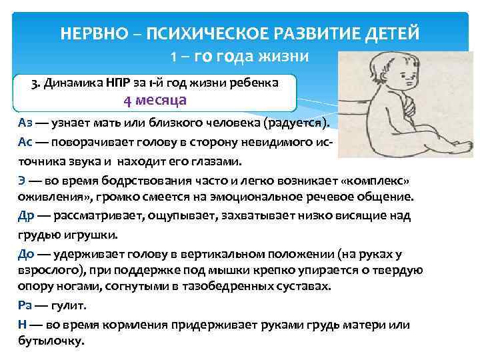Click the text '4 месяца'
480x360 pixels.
point(155,101)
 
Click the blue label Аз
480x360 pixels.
point(26,123)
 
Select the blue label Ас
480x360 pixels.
point(26,143)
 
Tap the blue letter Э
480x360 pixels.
point(22,181)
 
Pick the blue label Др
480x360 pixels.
point(27,216)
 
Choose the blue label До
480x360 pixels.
point(27,254)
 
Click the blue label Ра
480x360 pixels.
point(25,305)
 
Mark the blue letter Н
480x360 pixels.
point(22,325)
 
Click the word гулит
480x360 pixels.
point(70,305)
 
